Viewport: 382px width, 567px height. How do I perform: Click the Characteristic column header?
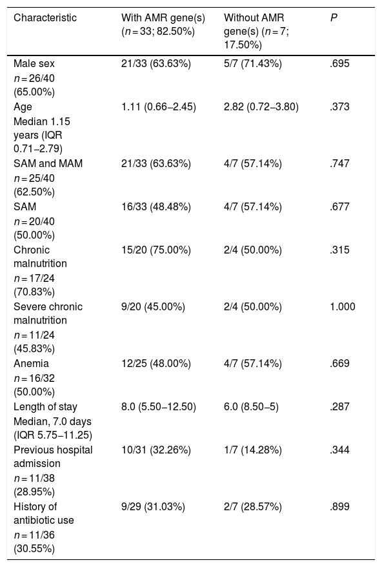[x=45, y=17]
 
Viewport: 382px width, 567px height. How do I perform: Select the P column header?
[x=334, y=17]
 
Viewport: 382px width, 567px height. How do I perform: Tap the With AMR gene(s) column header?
[x=163, y=25]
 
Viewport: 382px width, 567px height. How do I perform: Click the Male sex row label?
[x=34, y=64]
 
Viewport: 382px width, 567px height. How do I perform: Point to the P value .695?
[x=339, y=64]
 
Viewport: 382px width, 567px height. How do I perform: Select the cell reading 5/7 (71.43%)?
[x=253, y=64]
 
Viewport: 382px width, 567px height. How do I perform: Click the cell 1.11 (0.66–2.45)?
[x=159, y=107]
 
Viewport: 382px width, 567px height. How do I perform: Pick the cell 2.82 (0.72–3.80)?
[x=261, y=107]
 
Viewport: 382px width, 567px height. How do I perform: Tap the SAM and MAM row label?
[x=48, y=163]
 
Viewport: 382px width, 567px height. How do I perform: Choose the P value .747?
[x=339, y=163]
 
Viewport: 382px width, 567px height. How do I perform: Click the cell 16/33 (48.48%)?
[x=156, y=207]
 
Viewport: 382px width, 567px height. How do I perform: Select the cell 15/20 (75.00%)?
[x=156, y=250]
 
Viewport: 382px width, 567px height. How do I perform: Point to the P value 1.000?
[x=343, y=306]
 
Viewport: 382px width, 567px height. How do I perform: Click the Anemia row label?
[x=31, y=363]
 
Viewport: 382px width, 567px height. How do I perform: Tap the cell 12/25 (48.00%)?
[x=156, y=363]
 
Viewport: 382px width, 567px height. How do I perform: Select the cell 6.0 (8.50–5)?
[x=252, y=407]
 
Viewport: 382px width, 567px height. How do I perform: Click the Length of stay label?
[x=46, y=407]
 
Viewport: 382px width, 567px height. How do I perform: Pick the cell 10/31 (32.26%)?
[x=156, y=450]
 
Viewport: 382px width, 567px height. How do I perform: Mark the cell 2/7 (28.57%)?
[x=253, y=506]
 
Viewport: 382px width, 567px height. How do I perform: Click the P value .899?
[x=339, y=506]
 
